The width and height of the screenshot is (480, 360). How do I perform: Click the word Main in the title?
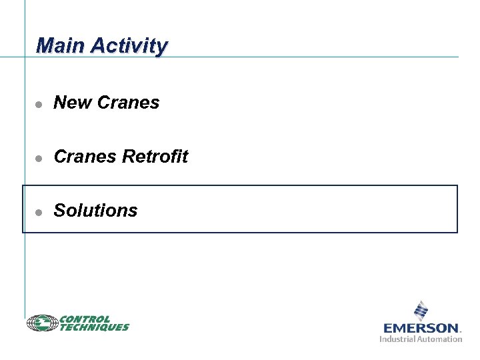[61, 45]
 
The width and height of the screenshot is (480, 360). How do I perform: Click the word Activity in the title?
[129, 46]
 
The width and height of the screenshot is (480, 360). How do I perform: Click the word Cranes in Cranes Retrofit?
[85, 157]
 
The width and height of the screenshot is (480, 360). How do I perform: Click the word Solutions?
[95, 211]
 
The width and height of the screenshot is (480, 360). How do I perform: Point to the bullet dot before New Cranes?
[39, 104]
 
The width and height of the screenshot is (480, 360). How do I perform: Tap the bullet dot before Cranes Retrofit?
[39, 158]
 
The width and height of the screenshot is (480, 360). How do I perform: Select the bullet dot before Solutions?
[39, 212]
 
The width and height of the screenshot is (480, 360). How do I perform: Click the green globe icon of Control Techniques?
[43, 323]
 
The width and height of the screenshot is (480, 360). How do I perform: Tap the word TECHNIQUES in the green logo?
[94, 327]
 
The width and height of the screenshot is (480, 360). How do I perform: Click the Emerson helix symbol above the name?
[421, 311]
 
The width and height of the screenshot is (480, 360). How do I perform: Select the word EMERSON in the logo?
[421, 328]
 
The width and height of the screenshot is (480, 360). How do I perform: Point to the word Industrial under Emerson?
[398, 339]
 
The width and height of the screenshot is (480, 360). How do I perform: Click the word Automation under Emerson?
[440, 339]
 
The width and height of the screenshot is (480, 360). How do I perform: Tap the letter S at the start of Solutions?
[59, 211]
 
